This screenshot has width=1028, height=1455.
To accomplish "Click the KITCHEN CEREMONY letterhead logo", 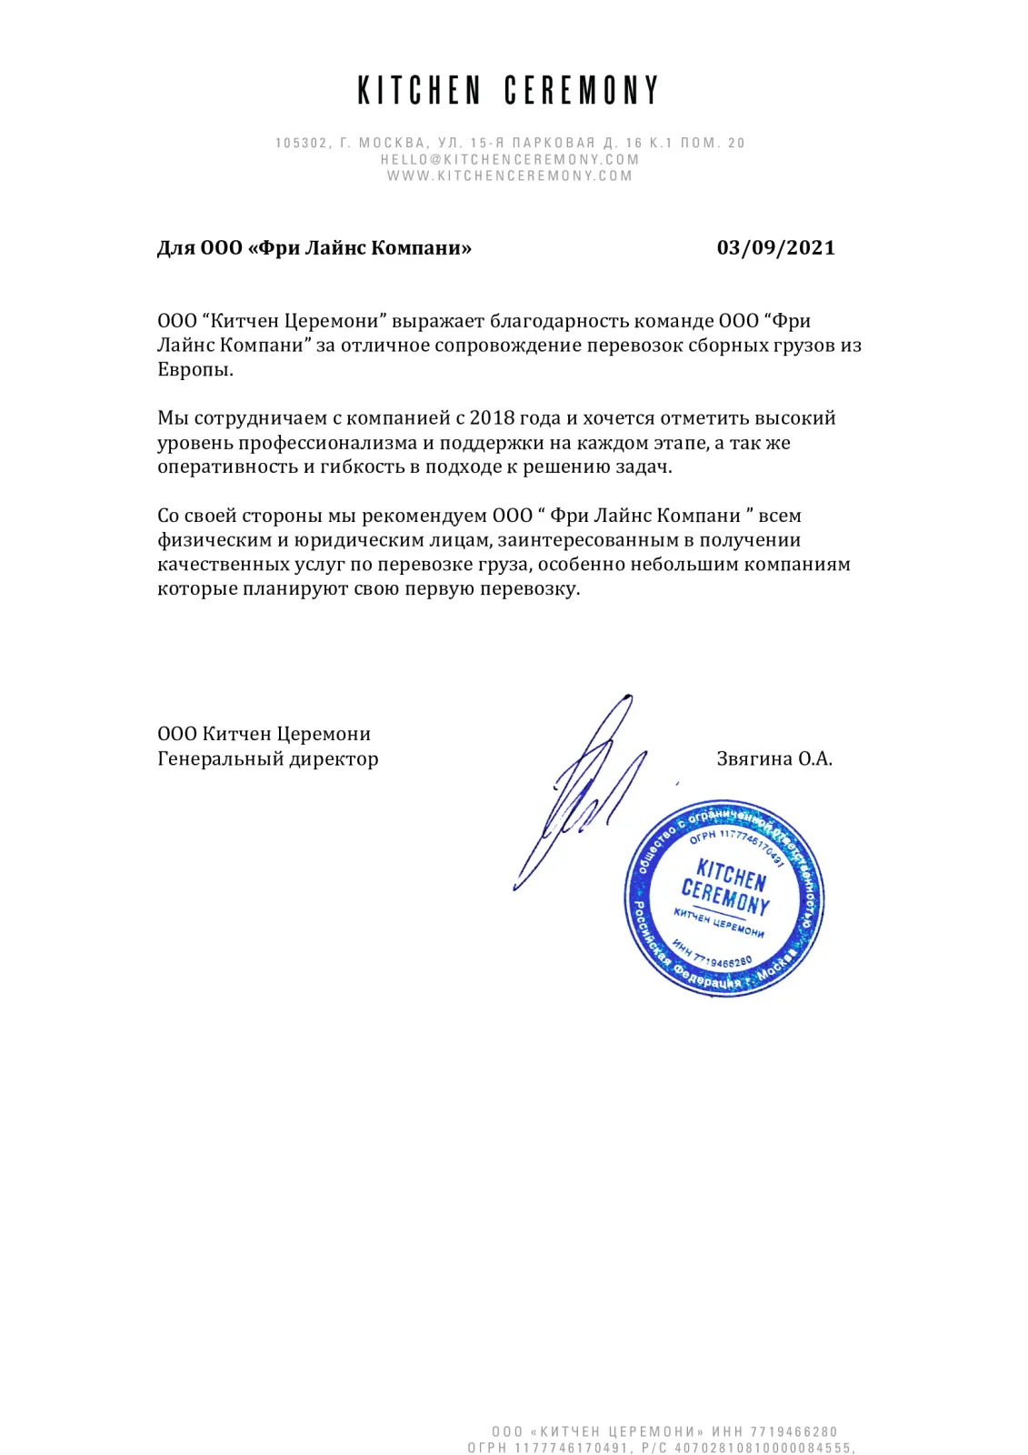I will pos(508,91).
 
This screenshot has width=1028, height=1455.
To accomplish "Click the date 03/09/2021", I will pos(775,248).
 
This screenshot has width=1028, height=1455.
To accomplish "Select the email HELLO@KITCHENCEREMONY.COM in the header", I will pos(510,159).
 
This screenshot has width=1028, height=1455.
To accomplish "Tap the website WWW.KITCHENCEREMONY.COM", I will pos(510,176).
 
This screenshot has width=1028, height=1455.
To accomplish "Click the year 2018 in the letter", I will pos(492,418).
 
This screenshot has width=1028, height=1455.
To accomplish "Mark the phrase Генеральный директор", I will pos(268,759).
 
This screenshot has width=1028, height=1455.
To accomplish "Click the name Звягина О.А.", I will pos(774,759).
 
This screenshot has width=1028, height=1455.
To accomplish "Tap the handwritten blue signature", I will pos(582,791).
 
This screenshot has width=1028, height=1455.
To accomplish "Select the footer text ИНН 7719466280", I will pos(774,1431).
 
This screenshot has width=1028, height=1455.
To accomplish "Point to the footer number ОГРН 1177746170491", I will pos(549,1448).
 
